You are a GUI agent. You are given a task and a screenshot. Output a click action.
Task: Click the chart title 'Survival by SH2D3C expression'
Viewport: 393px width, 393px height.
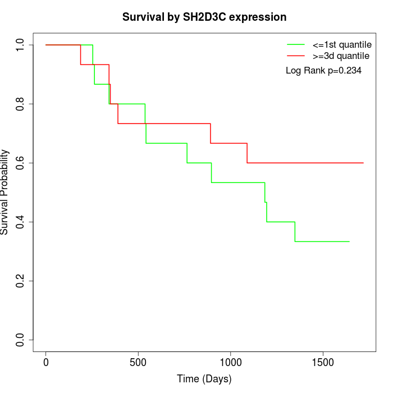pyautogui.click(x=204, y=17)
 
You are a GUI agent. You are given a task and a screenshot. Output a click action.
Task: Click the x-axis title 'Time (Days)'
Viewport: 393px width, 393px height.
pyautogui.click(x=204, y=379)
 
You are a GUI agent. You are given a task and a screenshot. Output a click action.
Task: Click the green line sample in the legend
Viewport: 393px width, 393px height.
pyautogui.click(x=296, y=44)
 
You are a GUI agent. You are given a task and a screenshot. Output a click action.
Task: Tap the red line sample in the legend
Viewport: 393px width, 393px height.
pyautogui.click(x=296, y=56)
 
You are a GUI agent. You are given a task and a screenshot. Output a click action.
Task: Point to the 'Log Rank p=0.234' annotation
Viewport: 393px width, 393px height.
pyautogui.click(x=323, y=71)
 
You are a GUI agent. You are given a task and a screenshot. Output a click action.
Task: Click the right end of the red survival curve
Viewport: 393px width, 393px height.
pyautogui.click(x=363, y=163)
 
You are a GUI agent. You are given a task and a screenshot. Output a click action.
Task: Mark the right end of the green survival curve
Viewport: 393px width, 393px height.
pyautogui.click(x=350, y=241)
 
